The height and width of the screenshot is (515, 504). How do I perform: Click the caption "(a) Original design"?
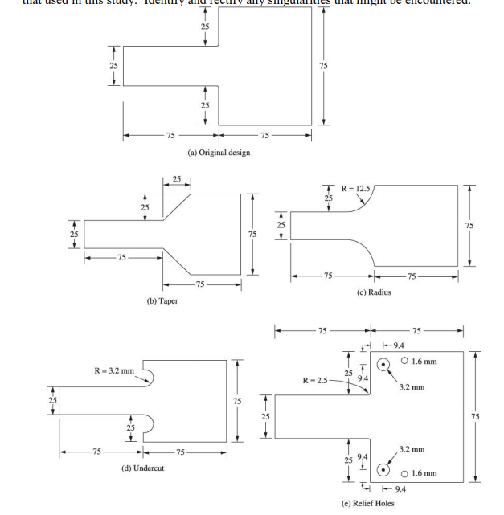click(218, 153)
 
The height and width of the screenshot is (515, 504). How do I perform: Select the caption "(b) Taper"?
click(162, 300)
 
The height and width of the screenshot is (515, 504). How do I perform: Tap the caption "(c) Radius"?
click(375, 292)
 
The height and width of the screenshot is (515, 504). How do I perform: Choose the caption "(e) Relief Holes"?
click(367, 504)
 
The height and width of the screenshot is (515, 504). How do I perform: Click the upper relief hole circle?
click(384, 364)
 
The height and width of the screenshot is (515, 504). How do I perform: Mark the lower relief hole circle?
click(384, 469)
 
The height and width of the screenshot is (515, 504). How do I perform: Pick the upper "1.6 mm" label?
click(424, 361)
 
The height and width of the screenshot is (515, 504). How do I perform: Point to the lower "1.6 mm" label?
click(424, 472)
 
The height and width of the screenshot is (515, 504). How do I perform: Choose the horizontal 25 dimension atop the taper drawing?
click(176, 178)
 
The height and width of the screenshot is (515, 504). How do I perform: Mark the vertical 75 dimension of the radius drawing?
click(470, 226)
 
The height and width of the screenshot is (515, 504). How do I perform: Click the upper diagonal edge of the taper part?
click(177, 206)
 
